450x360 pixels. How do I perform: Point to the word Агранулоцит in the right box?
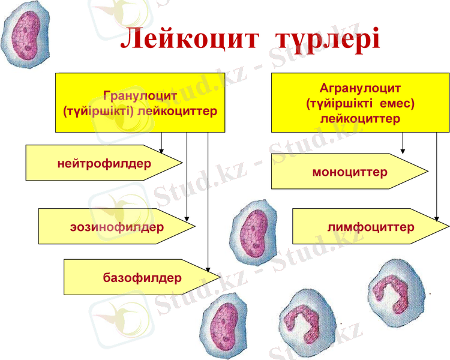coord(360,88)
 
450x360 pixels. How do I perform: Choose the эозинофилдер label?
coord(116,227)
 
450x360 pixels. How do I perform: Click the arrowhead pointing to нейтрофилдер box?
coord(161,149)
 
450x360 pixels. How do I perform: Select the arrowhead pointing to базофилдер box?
coord(208,268)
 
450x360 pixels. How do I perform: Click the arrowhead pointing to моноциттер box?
coord(403,150)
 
